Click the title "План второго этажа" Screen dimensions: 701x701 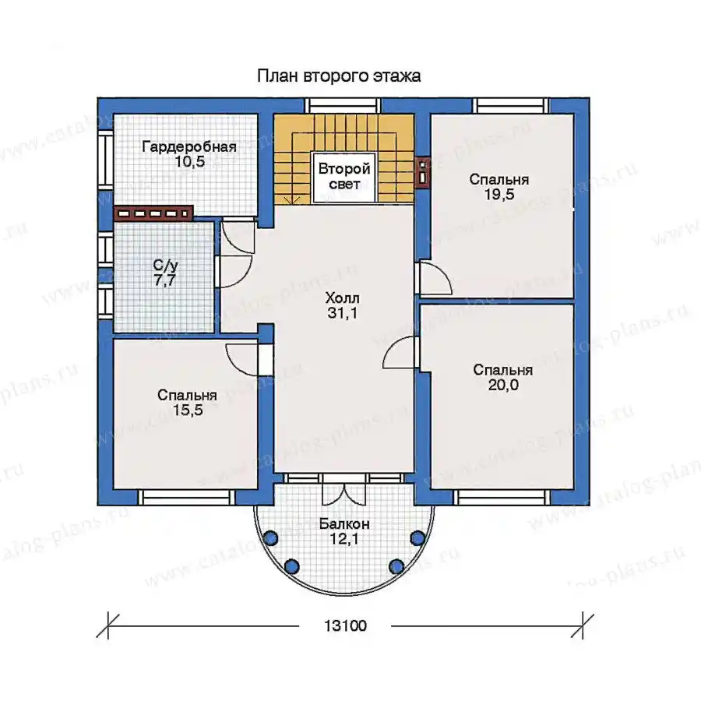pos(339,76)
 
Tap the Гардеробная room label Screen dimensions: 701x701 pos(189,146)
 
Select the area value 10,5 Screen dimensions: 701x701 pos(190,162)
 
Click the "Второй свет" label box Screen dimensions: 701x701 pos(344,177)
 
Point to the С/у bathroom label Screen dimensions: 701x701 pos(165,265)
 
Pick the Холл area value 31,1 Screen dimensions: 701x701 pos(343,313)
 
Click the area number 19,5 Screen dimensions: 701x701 pos(499,195)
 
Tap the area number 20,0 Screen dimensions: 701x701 pos(503,385)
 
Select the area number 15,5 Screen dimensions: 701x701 pos(188,410)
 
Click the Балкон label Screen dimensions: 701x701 pos(344,524)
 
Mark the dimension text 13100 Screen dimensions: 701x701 pos(345,625)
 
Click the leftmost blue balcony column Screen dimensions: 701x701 pos(270,537)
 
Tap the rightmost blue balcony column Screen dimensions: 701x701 pos(417,537)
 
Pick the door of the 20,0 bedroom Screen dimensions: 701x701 pos(400,352)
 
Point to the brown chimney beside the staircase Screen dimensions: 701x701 pos(422,171)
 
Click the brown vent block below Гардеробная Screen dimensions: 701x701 pos(153,213)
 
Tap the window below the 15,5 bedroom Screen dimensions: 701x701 pos(186,498)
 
